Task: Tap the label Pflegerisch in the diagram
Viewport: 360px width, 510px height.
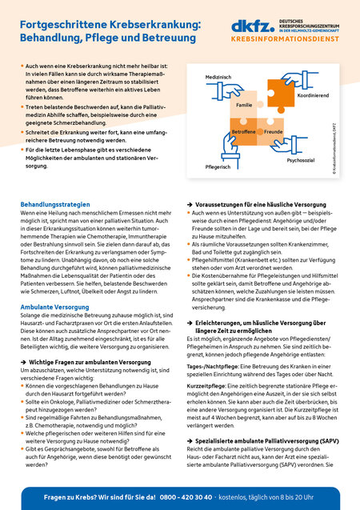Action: point(218,167)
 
